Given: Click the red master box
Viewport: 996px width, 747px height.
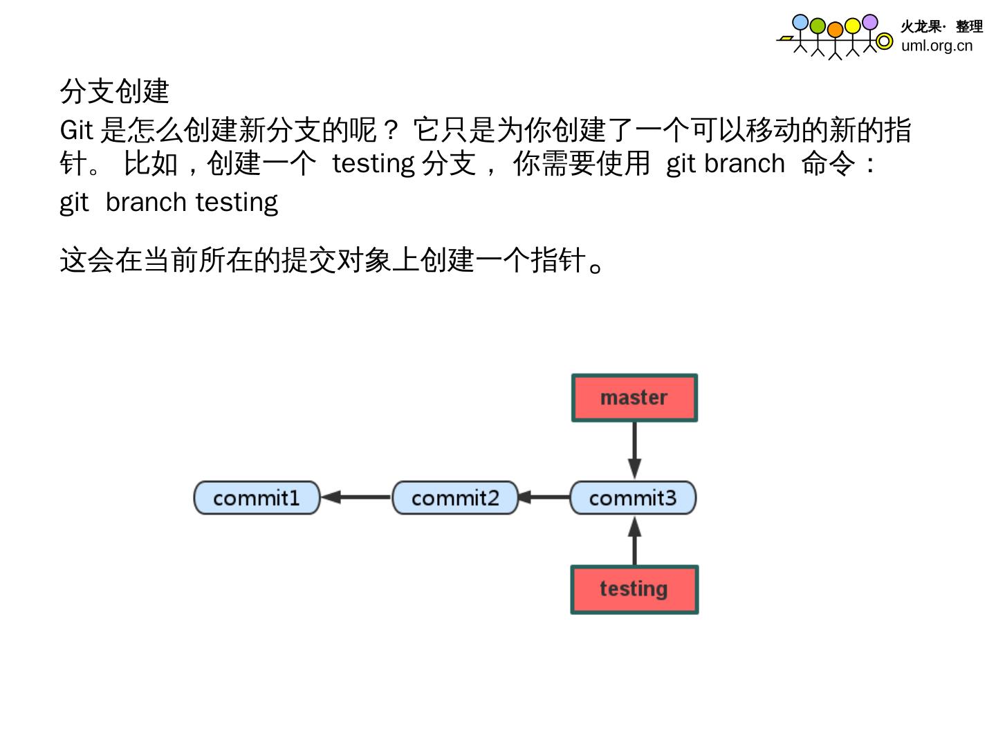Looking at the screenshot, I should [634, 398].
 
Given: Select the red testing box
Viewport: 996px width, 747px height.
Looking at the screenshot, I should [634, 589].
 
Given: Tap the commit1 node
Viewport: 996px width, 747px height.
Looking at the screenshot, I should [257, 498].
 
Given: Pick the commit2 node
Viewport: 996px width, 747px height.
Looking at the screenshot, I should [455, 498].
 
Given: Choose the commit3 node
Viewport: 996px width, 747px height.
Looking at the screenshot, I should [633, 498].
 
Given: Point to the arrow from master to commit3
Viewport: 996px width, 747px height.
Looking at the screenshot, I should [634, 450].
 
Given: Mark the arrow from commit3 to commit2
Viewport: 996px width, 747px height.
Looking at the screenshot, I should [544, 497].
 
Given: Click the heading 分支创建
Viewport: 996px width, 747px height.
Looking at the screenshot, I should [115, 91].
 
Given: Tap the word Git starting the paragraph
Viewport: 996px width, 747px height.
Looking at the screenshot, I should [76, 130].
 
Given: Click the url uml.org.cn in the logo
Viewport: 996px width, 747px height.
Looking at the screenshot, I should [937, 46].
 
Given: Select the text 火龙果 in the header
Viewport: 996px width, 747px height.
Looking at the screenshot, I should [921, 26].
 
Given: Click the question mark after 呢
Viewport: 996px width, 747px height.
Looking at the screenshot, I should [390, 130].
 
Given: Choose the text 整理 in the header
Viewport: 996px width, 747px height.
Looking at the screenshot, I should [969, 26].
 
